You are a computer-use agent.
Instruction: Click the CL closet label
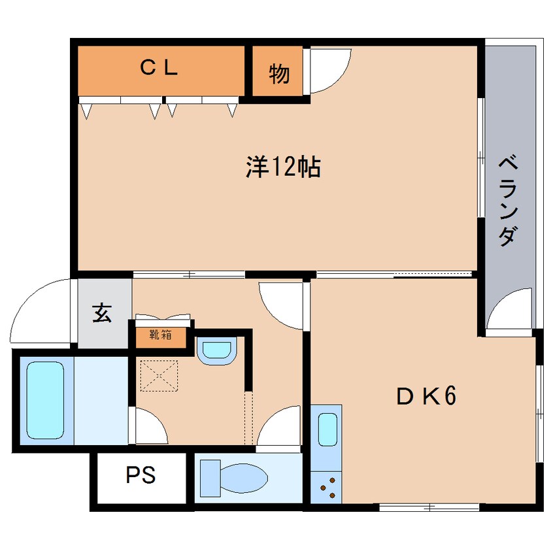[x=159, y=67]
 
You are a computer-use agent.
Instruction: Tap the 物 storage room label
[x=279, y=74]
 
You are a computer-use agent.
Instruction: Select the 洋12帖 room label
[x=283, y=167]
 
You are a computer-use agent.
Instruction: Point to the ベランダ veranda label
[x=508, y=201]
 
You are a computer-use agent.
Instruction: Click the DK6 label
[x=426, y=395]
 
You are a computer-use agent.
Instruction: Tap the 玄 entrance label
[x=102, y=312]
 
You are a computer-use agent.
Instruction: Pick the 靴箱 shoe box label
[x=161, y=334]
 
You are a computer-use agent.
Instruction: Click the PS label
[x=141, y=475]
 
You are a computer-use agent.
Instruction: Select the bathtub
[x=45, y=400]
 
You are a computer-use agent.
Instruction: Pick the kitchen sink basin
[x=327, y=429]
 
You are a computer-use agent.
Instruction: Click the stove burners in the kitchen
[x=329, y=488]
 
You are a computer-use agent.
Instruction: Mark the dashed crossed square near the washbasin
[x=159, y=376]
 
